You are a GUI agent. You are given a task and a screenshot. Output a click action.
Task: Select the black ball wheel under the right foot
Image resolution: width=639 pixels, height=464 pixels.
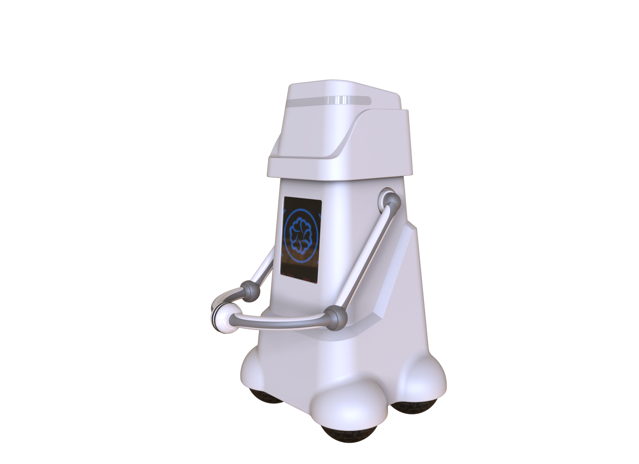pyautogui.click(x=410, y=407)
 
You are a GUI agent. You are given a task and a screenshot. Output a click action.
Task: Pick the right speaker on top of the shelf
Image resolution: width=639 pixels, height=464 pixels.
pyautogui.click(x=276, y=85)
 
